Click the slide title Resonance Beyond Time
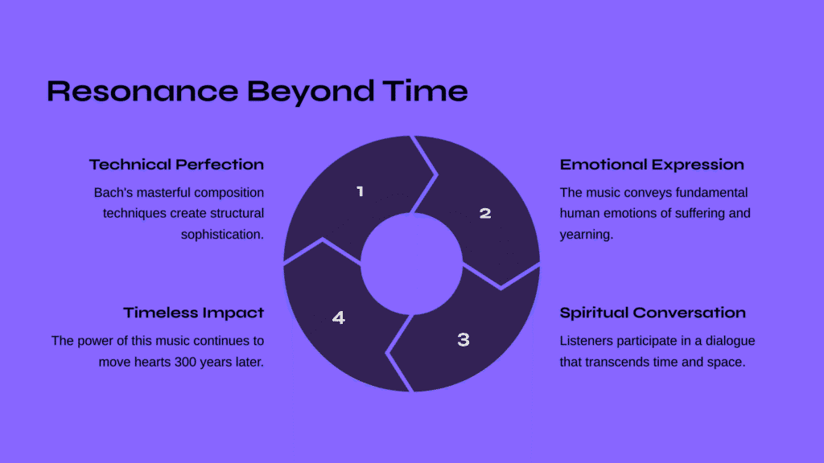pyautogui.click(x=257, y=92)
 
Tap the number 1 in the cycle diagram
pyautogui.click(x=360, y=191)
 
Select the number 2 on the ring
pyautogui.click(x=485, y=213)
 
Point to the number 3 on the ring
pyautogui.click(x=463, y=340)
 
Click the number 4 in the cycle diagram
pyautogui.click(x=339, y=318)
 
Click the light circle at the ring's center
pyautogui.click(x=411, y=264)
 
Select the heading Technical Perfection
pyautogui.click(x=176, y=164)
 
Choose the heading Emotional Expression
pyautogui.click(x=652, y=164)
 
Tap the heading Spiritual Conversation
pyautogui.click(x=653, y=313)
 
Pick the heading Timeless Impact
pyautogui.click(x=193, y=313)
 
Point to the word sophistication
pyautogui.click(x=222, y=235)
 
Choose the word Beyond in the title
pyautogui.click(x=311, y=92)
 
